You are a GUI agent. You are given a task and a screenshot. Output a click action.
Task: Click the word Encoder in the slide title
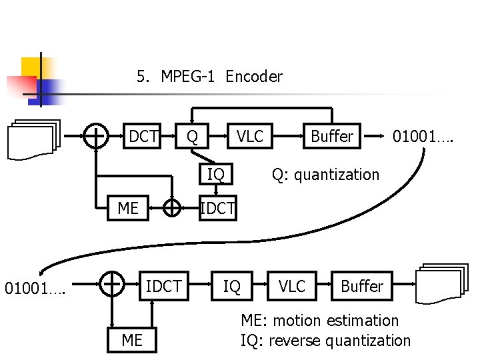254,77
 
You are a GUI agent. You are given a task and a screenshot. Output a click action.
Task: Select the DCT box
143,137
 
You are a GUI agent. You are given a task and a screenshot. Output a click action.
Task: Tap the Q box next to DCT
192,137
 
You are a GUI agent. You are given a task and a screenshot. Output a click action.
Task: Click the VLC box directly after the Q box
250,137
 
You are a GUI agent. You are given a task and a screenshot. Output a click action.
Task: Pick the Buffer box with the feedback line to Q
331,137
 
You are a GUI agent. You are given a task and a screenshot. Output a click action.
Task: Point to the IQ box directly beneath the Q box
215,175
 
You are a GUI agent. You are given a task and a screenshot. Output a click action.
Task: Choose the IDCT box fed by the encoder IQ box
217,209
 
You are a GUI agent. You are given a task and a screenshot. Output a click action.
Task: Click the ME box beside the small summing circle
128,209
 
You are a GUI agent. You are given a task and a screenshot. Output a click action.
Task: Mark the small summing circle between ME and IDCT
172,209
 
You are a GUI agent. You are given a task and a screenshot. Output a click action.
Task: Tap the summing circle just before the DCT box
97,137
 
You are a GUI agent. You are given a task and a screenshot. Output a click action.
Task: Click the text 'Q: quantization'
325,175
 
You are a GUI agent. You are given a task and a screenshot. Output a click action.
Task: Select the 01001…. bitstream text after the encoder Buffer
423,137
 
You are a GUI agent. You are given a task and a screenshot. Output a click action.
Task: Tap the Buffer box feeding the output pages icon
361,286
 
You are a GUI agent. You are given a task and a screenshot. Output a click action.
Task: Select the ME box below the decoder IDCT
132,340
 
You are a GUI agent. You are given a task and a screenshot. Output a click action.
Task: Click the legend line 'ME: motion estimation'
319,321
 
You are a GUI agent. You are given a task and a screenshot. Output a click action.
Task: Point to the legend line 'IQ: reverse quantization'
325,341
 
